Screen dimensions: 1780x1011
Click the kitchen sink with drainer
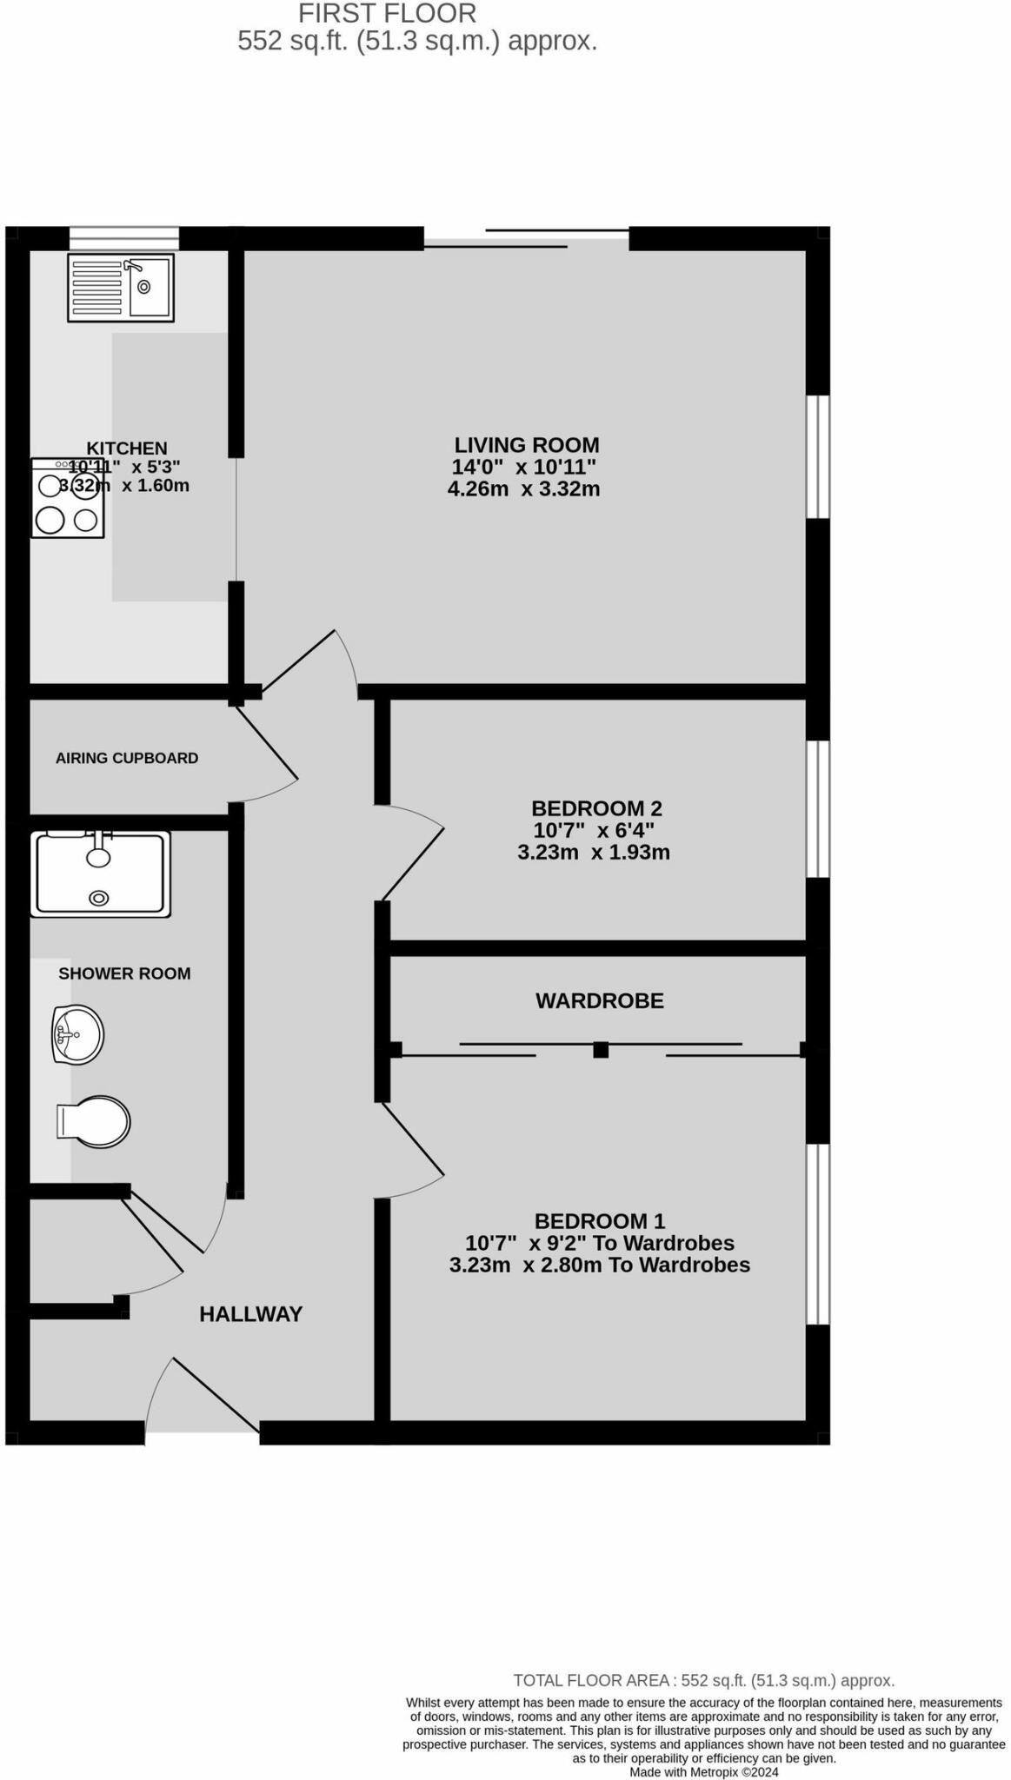(x=121, y=286)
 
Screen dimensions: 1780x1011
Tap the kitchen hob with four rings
(x=68, y=499)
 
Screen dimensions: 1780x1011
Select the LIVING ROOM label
(x=527, y=445)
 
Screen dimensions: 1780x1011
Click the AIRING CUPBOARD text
(x=127, y=758)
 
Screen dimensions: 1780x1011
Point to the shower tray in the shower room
(x=100, y=873)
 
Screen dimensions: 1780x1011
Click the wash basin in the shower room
(x=77, y=1034)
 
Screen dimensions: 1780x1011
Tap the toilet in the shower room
(x=94, y=1121)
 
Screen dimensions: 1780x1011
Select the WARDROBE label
(x=599, y=1000)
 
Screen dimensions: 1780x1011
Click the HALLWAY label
(x=250, y=1314)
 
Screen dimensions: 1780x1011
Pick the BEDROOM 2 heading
(x=596, y=808)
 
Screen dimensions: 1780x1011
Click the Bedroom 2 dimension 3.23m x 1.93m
(x=594, y=853)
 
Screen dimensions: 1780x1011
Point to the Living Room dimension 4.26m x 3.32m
(x=523, y=488)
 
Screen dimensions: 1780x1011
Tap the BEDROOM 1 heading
(x=599, y=1221)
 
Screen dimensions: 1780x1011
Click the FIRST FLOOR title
(x=387, y=14)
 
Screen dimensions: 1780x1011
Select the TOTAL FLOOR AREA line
(x=703, y=1680)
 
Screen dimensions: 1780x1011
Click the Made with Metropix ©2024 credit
(x=703, y=1771)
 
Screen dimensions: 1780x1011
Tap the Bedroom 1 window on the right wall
(x=817, y=1234)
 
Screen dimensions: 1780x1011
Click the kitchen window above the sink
(x=123, y=238)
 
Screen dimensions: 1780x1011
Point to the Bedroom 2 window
(x=817, y=808)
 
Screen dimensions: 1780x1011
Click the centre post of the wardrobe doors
(x=600, y=1050)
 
